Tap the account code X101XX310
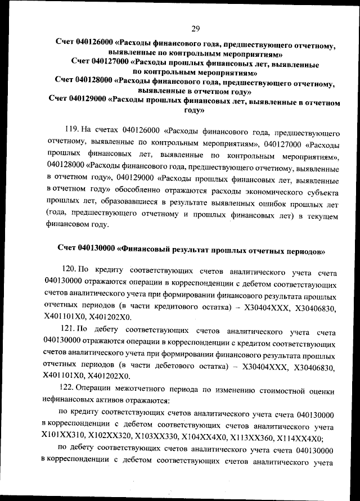point(63,437)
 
